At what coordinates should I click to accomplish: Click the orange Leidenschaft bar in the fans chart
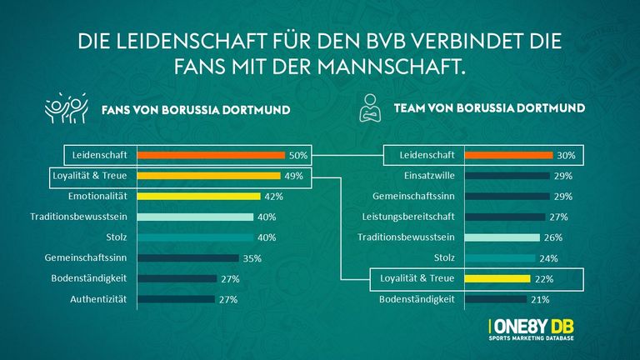pyautogui.click(x=212, y=155)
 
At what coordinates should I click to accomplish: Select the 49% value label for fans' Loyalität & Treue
pyautogui.click(x=293, y=176)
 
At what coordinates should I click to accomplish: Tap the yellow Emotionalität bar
pyautogui.click(x=199, y=197)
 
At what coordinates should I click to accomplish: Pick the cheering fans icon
pyautogui.click(x=67, y=110)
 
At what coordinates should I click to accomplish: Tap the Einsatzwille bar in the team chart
pyautogui.click(x=506, y=176)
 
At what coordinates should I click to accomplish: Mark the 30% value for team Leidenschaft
pyautogui.click(x=567, y=155)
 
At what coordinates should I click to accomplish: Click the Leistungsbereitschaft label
pyautogui.click(x=413, y=217)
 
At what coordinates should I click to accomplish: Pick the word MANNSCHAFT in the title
pyautogui.click(x=390, y=65)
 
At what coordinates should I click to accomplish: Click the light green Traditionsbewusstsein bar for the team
pyautogui.click(x=501, y=237)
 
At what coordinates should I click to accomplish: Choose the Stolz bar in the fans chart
pyautogui.click(x=195, y=237)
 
